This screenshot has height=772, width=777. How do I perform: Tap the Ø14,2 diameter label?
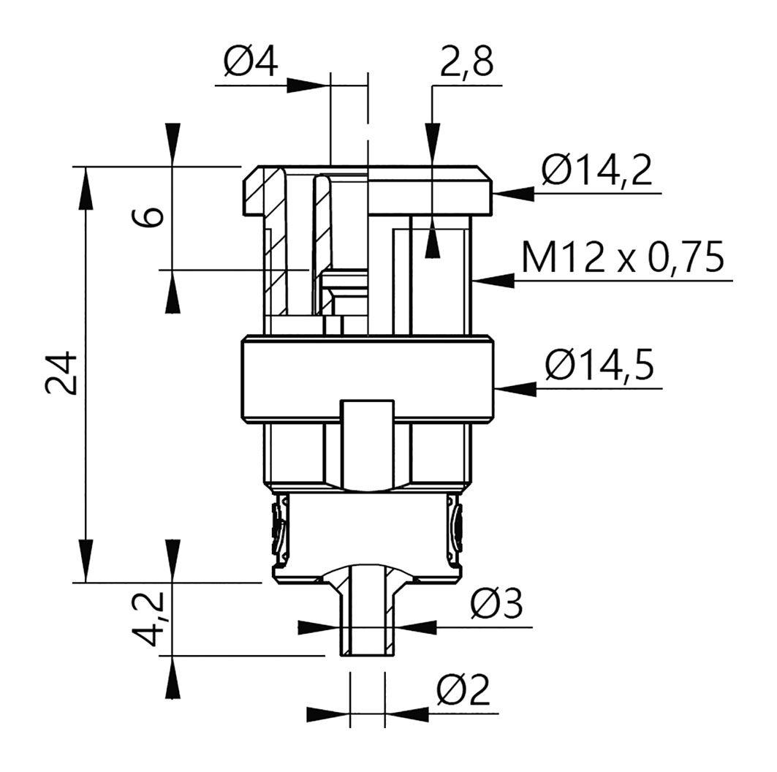pos(596,170)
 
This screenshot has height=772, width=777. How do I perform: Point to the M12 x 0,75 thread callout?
pos(622,257)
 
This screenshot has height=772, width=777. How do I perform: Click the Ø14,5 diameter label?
pos(599,366)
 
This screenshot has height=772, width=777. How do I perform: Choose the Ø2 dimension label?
pos(463,689)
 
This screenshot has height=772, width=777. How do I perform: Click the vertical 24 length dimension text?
pos(61,374)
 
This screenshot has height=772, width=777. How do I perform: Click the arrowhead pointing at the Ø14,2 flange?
pos(514,193)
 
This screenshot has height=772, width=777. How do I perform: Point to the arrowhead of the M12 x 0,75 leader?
pos(494,280)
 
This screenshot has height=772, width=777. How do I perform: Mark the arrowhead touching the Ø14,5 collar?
pos(516,388)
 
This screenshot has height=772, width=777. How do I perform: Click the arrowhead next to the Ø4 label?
pos(308,85)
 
